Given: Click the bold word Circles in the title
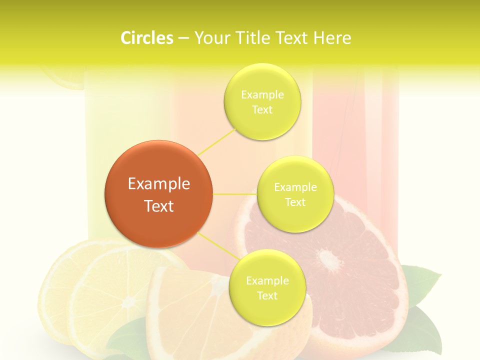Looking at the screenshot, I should click(x=147, y=38).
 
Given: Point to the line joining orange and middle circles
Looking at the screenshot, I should click(x=235, y=193).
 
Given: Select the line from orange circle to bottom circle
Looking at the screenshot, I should click(x=218, y=245).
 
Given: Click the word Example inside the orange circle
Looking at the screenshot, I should click(x=158, y=184).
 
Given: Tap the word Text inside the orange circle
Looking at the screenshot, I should click(x=158, y=206).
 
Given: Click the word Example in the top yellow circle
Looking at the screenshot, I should click(x=262, y=95).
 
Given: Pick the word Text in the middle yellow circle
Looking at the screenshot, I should click(x=295, y=202).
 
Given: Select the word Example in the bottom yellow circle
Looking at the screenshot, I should click(x=267, y=281).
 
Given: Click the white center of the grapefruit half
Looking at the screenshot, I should click(x=328, y=260).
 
